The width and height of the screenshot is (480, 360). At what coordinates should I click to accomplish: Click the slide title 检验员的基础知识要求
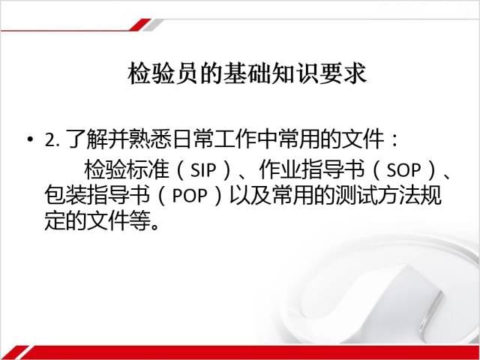247,73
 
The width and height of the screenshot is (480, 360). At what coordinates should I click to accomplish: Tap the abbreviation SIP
203,170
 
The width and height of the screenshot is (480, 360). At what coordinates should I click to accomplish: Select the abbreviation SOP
403,170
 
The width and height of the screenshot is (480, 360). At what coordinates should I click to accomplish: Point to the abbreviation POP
190,195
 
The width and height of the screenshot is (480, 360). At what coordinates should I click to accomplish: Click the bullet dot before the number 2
30,139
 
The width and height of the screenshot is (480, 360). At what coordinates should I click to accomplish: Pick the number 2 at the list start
49,140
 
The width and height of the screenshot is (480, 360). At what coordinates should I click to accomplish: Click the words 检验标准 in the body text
127,170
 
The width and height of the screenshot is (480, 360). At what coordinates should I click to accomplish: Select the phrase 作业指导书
312,170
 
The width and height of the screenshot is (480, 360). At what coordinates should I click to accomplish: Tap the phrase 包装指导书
97,195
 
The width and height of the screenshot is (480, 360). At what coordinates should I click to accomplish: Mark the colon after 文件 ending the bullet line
394,140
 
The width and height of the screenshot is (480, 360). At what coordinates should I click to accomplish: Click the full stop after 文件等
155,226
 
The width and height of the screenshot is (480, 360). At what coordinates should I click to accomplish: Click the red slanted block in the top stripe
140,25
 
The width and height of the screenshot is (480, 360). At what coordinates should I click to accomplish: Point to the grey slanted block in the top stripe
153,25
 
